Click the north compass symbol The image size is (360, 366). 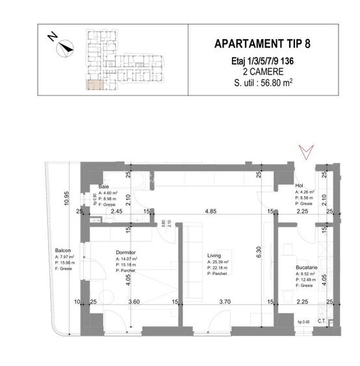pyautogui.click(x=63, y=47)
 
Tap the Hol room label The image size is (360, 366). pyautogui.click(x=300, y=185)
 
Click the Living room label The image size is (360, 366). pyautogui.click(x=215, y=255)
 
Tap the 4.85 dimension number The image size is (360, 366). pyautogui.click(x=207, y=211)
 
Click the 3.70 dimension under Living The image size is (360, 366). pyautogui.click(x=224, y=301)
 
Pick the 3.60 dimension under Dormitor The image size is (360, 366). pyautogui.click(x=135, y=301)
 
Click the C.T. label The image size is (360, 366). pyautogui.click(x=321, y=320)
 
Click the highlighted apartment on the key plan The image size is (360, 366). pyautogui.click(x=94, y=84)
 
